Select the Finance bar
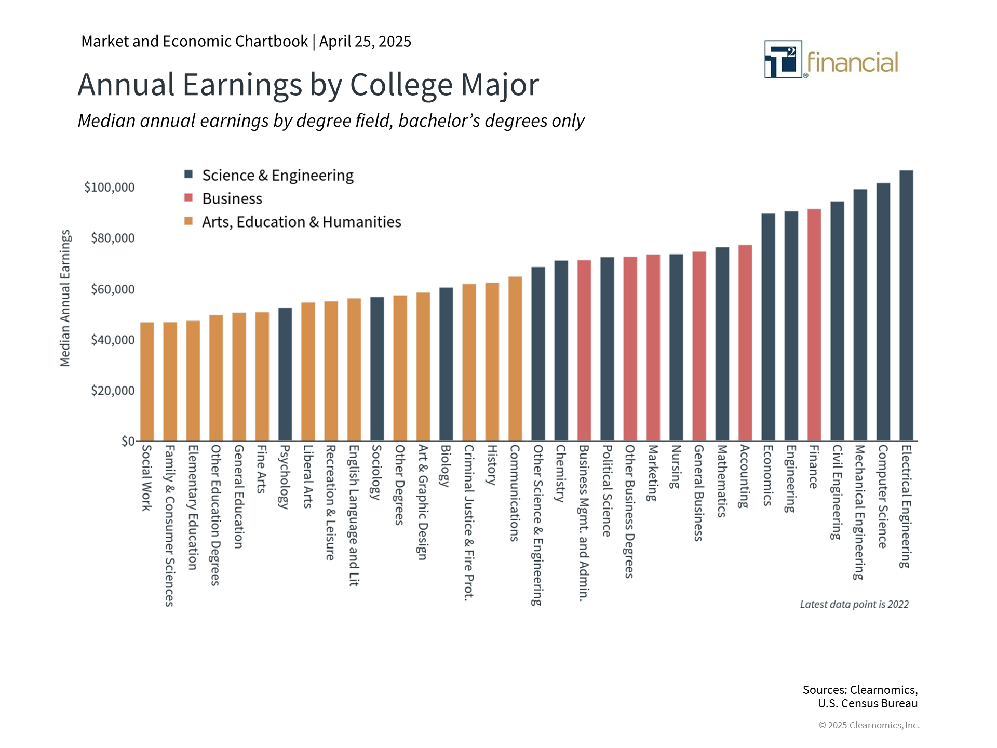pos(814,325)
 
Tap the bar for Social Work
pos(147,381)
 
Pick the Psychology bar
pos(285,374)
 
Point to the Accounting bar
pos(745,343)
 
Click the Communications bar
pos(515,358)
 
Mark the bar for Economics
pos(768,327)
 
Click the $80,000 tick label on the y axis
pos(113,238)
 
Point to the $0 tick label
pos(128,441)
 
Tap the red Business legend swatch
pos(188,198)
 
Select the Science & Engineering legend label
pos(278,176)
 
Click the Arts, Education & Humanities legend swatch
pos(188,221)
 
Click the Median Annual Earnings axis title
pos(65,298)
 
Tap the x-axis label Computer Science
pos(883,496)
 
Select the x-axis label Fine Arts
pos(262,469)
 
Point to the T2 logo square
pos(783,59)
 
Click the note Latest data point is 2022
pos(854,604)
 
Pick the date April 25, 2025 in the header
pos(365,42)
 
